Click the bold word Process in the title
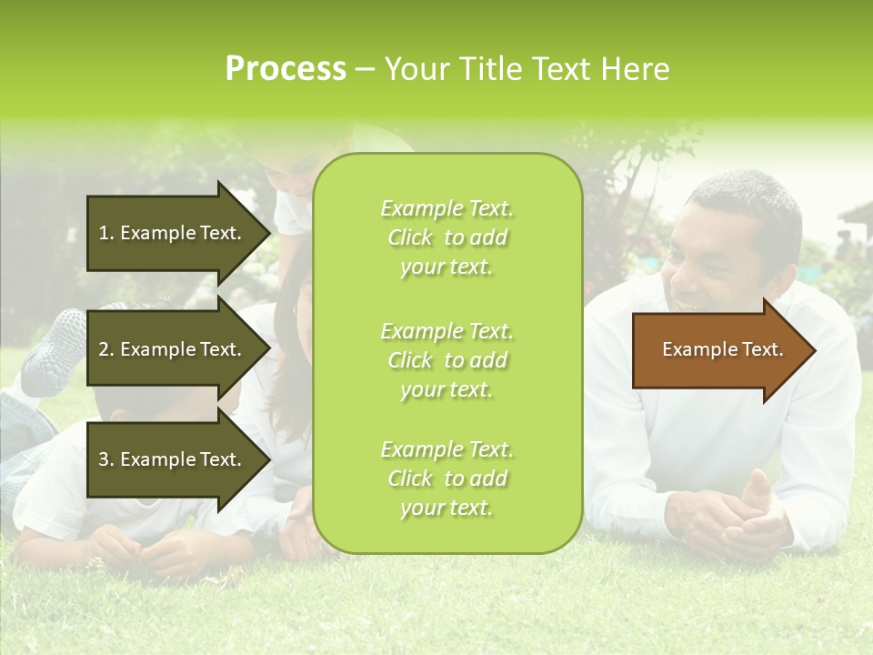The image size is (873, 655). [x=286, y=69]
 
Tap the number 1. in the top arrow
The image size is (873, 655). [x=106, y=233]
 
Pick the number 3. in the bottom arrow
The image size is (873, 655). [x=106, y=459]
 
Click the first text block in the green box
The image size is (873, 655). [x=447, y=237]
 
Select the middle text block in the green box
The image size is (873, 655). [x=447, y=360]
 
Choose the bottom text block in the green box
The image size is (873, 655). [x=447, y=479]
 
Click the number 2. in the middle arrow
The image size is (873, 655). [x=106, y=349]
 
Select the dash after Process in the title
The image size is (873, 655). [x=365, y=69]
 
